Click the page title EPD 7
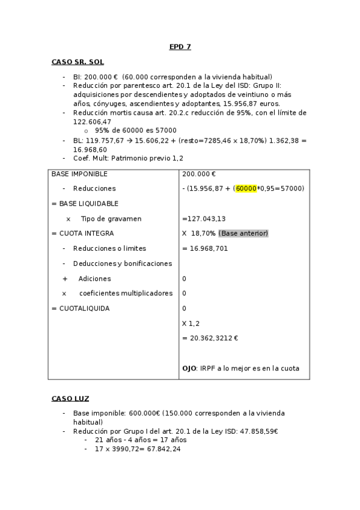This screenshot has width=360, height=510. click(180, 47)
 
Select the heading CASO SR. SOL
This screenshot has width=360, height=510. click(78, 62)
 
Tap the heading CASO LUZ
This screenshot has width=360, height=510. click(70, 398)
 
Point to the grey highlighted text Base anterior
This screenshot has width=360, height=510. click(243, 233)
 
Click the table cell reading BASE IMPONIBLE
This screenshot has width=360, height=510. click(79, 174)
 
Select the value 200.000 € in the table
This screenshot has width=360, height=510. click(199, 174)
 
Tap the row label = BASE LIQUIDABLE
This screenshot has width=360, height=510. click(85, 203)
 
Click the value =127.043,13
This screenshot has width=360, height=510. click(204, 219)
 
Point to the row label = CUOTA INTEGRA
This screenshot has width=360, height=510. click(82, 233)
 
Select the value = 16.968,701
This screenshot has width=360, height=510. click(205, 248)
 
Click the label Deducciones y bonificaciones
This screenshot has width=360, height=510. click(122, 263)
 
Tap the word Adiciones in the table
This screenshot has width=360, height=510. click(94, 278)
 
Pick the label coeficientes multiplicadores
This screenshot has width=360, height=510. click(126, 293)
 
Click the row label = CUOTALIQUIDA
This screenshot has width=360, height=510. click(81, 309)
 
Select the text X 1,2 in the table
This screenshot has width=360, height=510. click(191, 324)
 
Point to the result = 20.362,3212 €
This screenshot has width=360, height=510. click(210, 338)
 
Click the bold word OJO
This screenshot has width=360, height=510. click(189, 368)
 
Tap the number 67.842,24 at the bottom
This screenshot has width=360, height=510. click(160, 449)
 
